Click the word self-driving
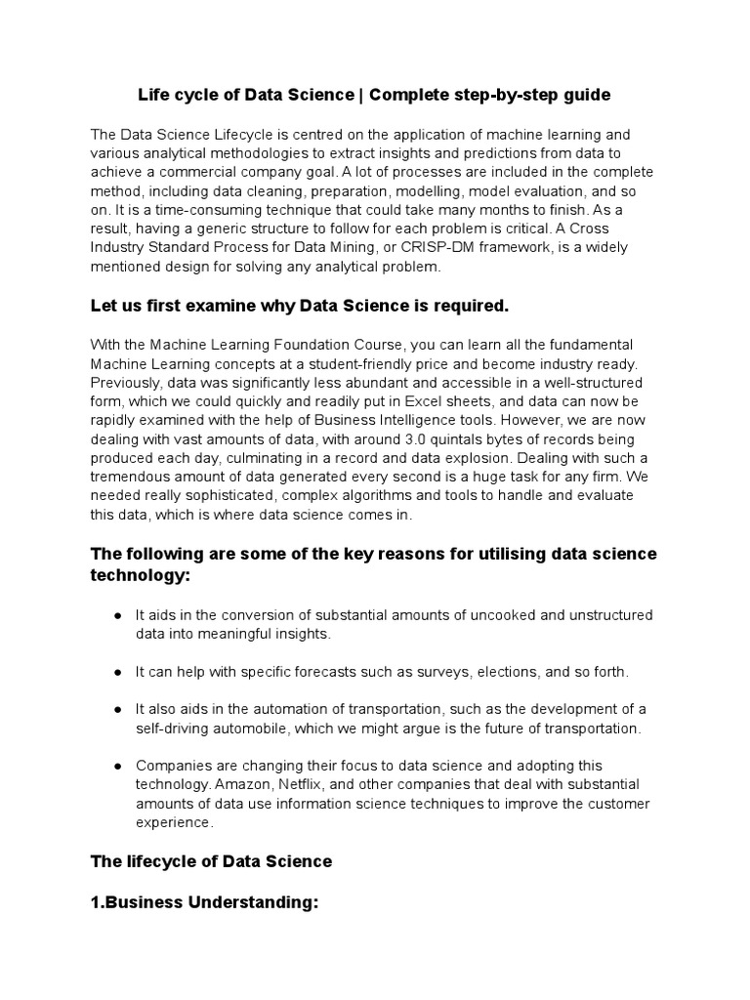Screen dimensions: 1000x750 [178, 729]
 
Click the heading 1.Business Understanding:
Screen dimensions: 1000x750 [205, 904]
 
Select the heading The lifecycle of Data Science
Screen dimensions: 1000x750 [211, 861]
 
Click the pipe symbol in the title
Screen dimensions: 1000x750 [361, 95]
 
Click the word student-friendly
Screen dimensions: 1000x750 [394, 362]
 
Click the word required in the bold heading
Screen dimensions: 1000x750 [471, 307]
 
